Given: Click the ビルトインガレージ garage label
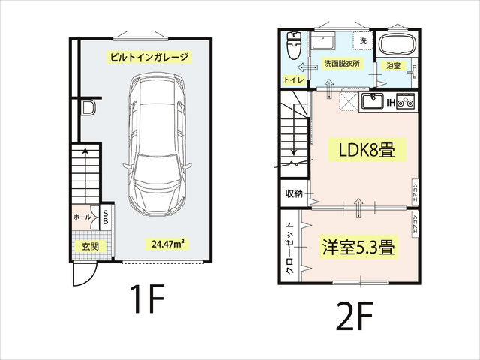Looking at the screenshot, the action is pyautogui.click(x=149, y=57).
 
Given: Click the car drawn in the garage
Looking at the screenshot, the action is pyautogui.click(x=157, y=145).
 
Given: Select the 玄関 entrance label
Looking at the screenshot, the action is pyautogui.click(x=90, y=247).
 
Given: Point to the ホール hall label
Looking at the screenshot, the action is pyautogui.click(x=82, y=217).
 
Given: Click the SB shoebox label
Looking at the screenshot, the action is pyautogui.click(x=105, y=217).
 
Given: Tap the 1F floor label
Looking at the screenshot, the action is pyautogui.click(x=147, y=298).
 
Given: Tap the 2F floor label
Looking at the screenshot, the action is pyautogui.click(x=355, y=316).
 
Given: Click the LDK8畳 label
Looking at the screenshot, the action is pyautogui.click(x=367, y=150).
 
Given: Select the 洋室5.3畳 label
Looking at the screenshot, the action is pyautogui.click(x=358, y=247).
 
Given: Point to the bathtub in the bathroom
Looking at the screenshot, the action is pyautogui.click(x=397, y=45).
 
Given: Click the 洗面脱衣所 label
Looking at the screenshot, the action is pyautogui.click(x=342, y=63).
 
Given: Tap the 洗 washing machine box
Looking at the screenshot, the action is pyautogui.click(x=363, y=40).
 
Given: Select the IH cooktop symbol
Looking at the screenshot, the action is pyautogui.click(x=406, y=101).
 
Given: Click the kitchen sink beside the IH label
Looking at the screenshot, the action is pyautogui.click(x=372, y=101).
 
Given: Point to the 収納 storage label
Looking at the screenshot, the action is pyautogui.click(x=294, y=193).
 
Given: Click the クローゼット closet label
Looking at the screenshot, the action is pyautogui.click(x=289, y=248).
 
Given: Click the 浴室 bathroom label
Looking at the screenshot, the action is pyautogui.click(x=393, y=65).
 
